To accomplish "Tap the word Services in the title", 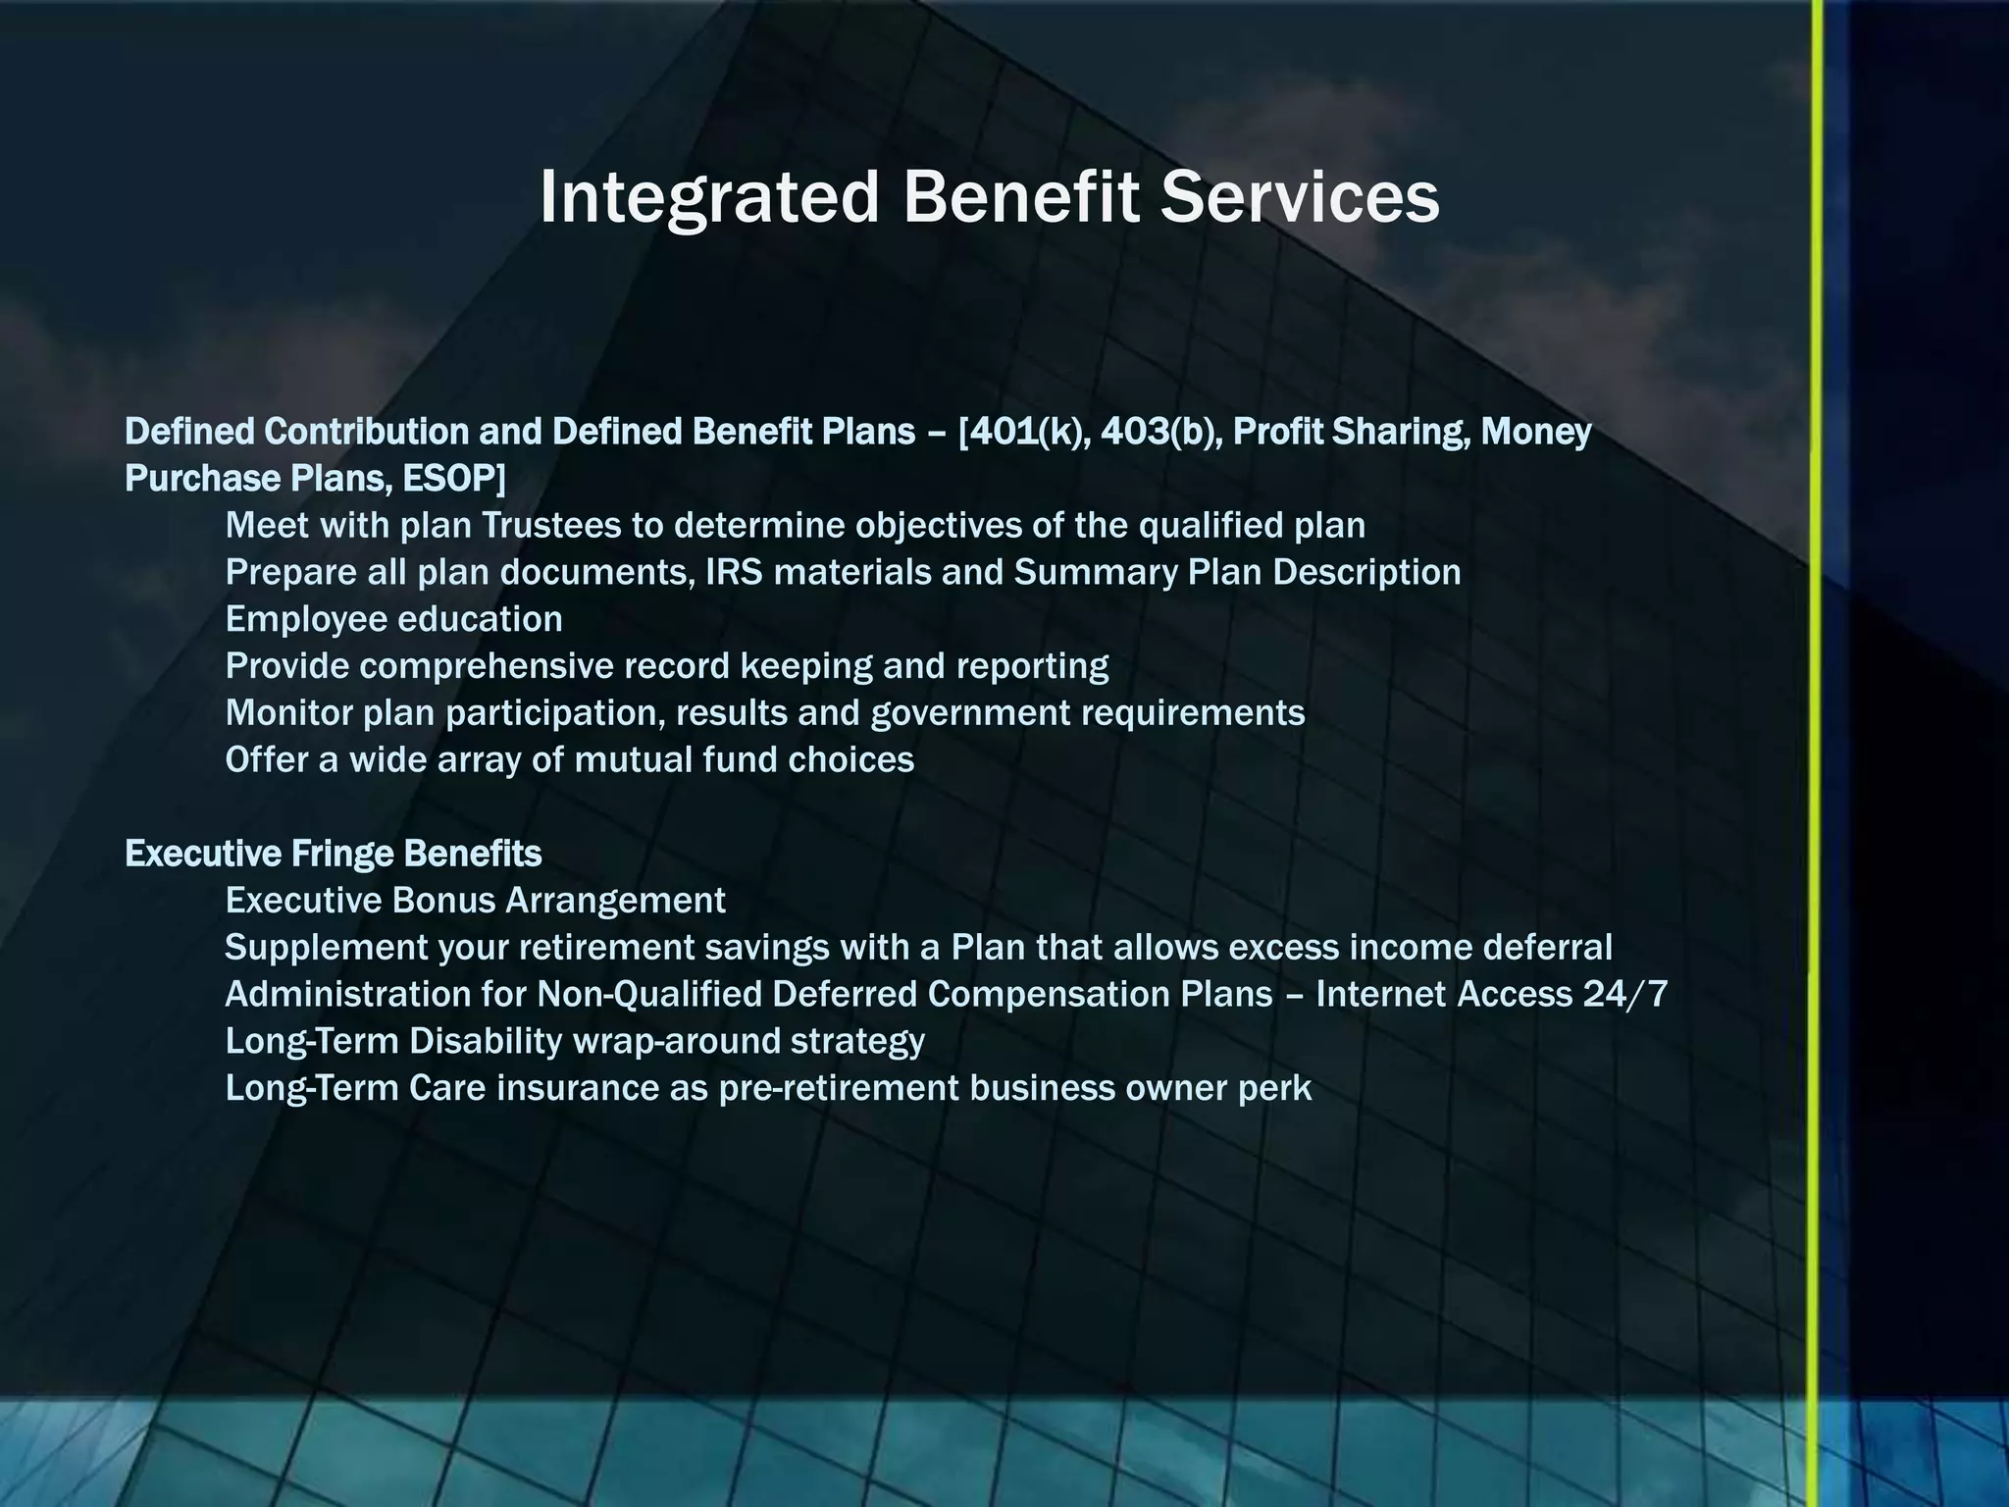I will click(x=1299, y=198).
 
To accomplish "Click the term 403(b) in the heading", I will click(x=1160, y=432).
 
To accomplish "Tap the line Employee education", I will click(x=393, y=619).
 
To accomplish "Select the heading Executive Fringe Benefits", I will click(x=334, y=854).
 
